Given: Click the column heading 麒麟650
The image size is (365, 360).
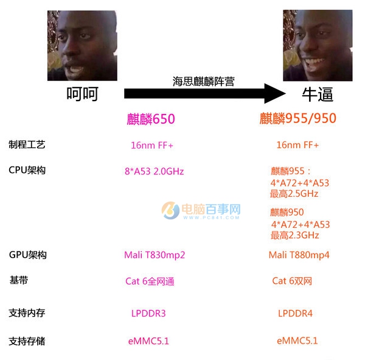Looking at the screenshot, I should click(150, 119).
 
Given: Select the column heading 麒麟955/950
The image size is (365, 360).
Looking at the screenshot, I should click(298, 118).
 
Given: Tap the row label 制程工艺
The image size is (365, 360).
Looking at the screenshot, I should click(27, 144).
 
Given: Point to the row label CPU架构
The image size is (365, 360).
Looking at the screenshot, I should click(27, 170).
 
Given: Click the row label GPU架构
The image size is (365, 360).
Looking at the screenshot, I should click(28, 255).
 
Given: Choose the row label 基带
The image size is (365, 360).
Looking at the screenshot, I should click(19, 280).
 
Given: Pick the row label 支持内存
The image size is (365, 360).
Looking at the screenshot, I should click(27, 313).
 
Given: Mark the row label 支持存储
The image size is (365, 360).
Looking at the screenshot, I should click(27, 341).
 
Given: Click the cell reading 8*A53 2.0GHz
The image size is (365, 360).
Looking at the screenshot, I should click(154, 171).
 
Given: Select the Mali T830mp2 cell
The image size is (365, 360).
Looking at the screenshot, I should click(155, 255).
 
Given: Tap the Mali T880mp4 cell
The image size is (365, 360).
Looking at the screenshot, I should click(299, 255).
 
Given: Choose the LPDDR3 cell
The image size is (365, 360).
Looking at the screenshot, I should click(148, 314).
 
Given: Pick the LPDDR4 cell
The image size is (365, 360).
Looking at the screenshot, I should click(296, 314).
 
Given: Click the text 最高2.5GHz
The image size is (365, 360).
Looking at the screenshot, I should click(294, 194).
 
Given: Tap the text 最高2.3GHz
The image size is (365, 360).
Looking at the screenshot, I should click(294, 235).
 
